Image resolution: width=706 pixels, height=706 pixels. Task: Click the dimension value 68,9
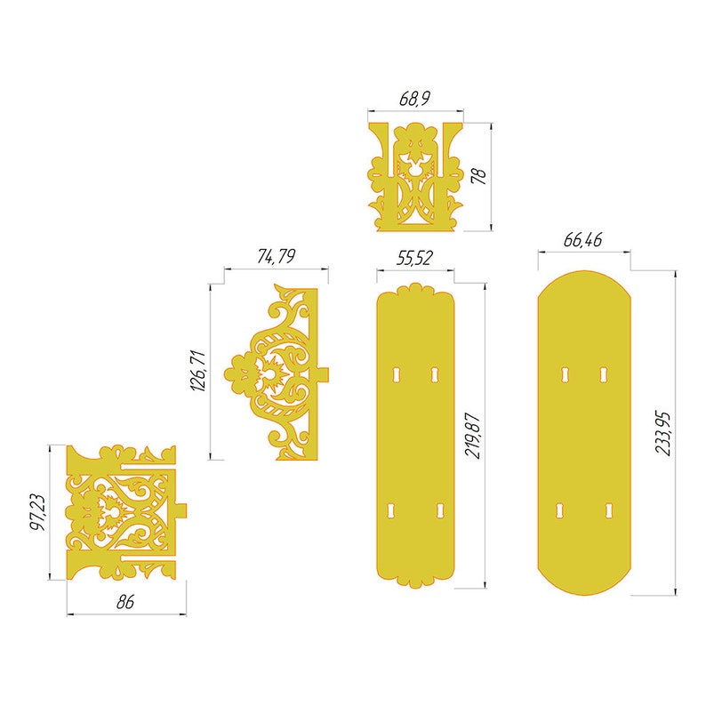tap(414, 99)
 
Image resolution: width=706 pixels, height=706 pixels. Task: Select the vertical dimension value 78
tap(479, 176)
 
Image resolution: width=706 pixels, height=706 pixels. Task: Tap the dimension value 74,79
tap(276, 257)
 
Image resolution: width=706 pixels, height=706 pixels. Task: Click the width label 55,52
tap(414, 258)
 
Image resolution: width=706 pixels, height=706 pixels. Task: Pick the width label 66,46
tap(583, 241)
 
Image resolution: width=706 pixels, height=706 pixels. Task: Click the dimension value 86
tap(125, 602)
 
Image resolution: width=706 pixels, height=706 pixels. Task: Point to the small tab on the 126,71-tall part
tap(324, 371)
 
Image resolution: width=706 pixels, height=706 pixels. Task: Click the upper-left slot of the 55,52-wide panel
tap(397, 375)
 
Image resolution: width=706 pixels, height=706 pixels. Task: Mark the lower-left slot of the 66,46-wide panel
tap(561, 509)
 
